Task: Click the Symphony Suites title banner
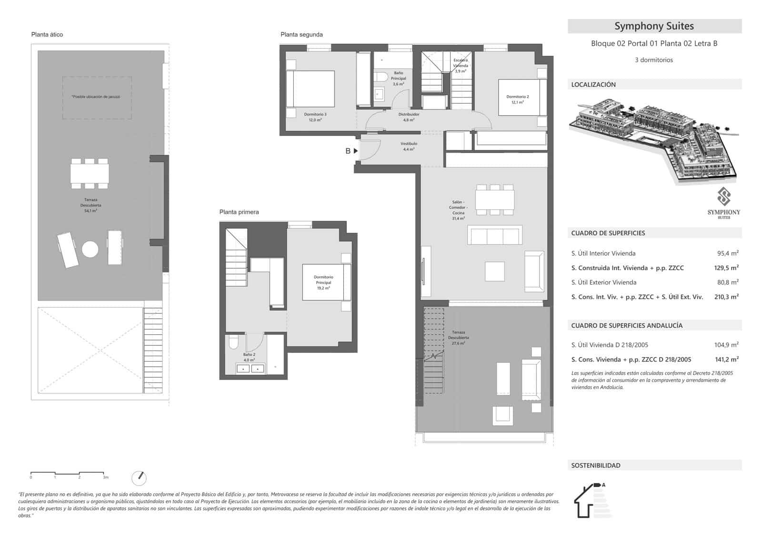[654, 26]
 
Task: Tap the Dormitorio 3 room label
[315, 117]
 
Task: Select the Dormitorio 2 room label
[517, 99]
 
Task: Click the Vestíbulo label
[409, 146]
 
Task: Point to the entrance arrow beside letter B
[356, 151]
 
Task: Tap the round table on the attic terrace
[90, 249]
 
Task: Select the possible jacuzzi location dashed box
[97, 98]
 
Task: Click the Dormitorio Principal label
[323, 282]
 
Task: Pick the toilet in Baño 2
[233, 342]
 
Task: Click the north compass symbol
[139, 478]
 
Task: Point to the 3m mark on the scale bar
[105, 477]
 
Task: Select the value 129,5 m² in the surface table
[723, 268]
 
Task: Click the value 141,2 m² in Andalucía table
[723, 360]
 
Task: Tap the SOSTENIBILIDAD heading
[596, 466]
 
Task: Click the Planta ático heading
[47, 34]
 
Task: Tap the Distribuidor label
[409, 117]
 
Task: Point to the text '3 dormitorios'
[654, 60]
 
